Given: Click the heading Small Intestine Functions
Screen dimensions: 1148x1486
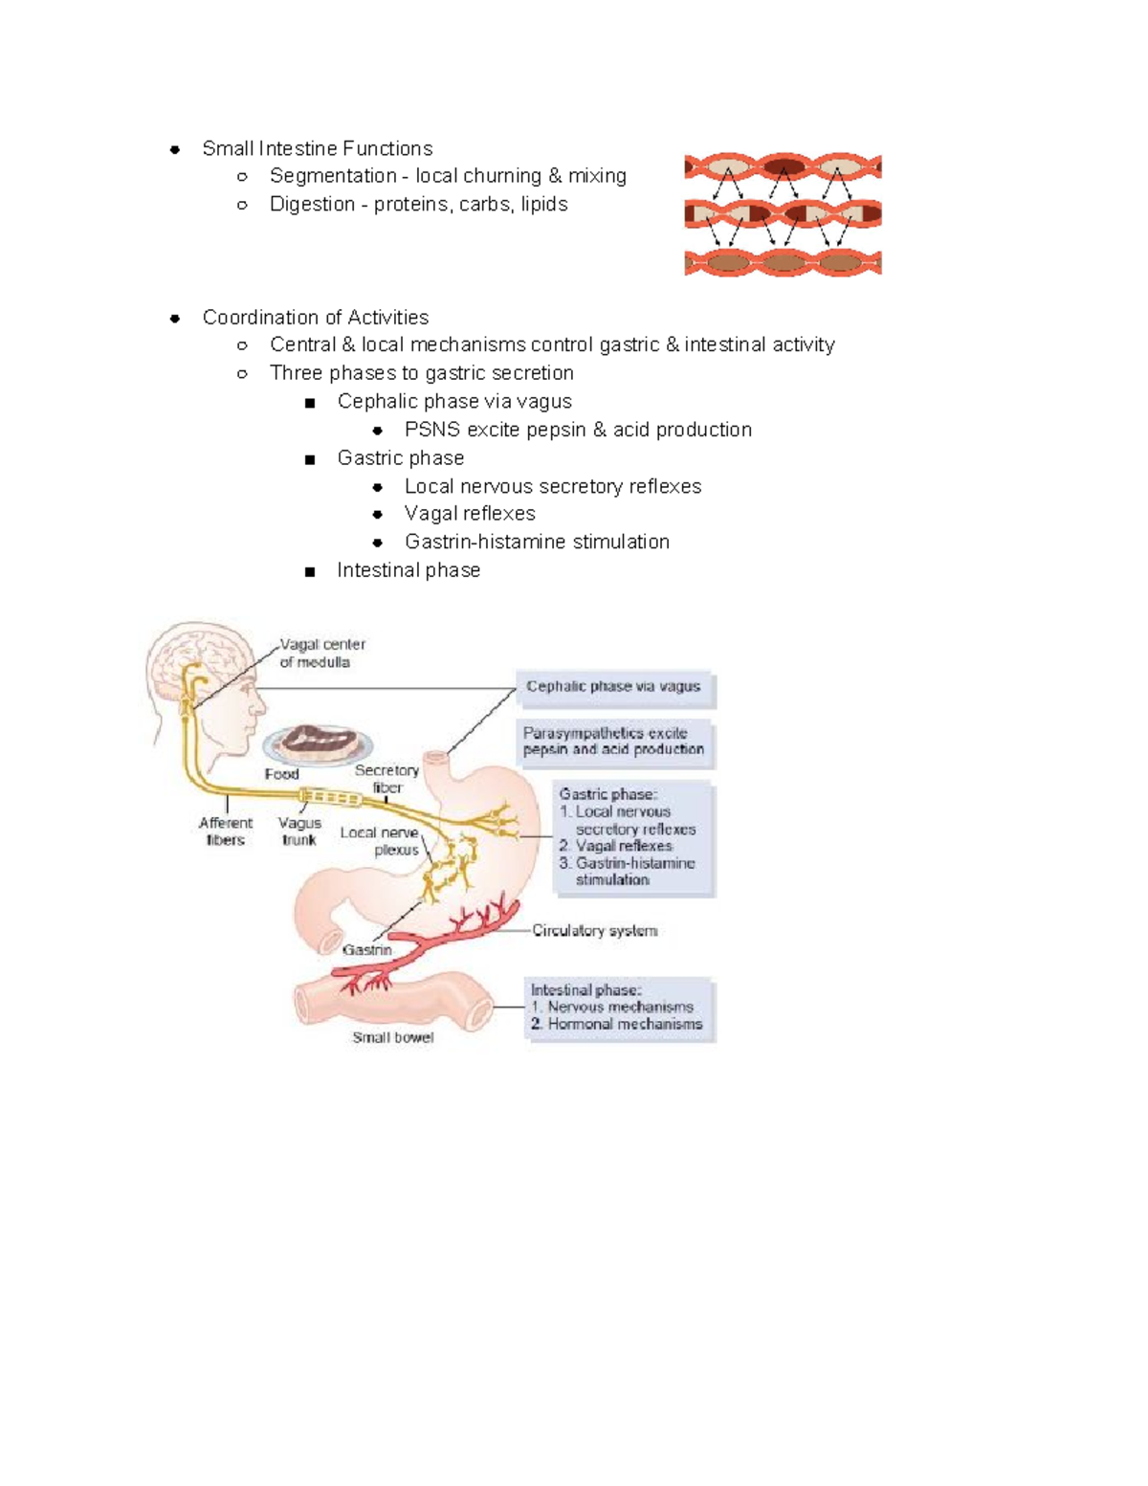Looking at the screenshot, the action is pyautogui.click(x=317, y=148).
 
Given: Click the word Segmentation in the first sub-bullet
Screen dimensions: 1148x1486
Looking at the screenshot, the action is pyautogui.click(x=333, y=176).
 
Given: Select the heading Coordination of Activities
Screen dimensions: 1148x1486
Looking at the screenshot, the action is pyautogui.click(x=315, y=317).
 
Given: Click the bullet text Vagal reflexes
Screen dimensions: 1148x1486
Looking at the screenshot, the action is pyautogui.click(x=470, y=514).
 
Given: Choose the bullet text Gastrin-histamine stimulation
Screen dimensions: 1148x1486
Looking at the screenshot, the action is pyautogui.click(x=537, y=542).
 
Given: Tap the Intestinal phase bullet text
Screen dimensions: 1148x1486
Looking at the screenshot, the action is pyautogui.click(x=408, y=570).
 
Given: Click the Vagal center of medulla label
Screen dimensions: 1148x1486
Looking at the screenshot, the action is pyautogui.click(x=321, y=653).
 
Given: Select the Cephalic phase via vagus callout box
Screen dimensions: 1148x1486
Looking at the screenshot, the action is pyautogui.click(x=614, y=687).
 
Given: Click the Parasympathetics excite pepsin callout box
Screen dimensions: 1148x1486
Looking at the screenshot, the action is pyautogui.click(x=614, y=742).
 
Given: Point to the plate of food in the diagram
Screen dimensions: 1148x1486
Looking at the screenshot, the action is pyautogui.click(x=318, y=743).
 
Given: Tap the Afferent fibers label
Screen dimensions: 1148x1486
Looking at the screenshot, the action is pyautogui.click(x=226, y=831).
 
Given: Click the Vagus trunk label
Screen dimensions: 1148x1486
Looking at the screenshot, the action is pyautogui.click(x=299, y=831).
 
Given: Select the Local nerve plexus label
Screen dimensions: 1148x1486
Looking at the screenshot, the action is pyautogui.click(x=380, y=840).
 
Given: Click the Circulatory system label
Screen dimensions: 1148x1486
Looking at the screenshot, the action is pyautogui.click(x=594, y=930).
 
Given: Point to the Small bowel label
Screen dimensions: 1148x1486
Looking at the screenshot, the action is pyautogui.click(x=392, y=1037).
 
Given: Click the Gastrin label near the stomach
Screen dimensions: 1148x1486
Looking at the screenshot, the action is pyautogui.click(x=367, y=950).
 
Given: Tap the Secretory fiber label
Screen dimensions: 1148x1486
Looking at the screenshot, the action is pyautogui.click(x=386, y=779).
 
